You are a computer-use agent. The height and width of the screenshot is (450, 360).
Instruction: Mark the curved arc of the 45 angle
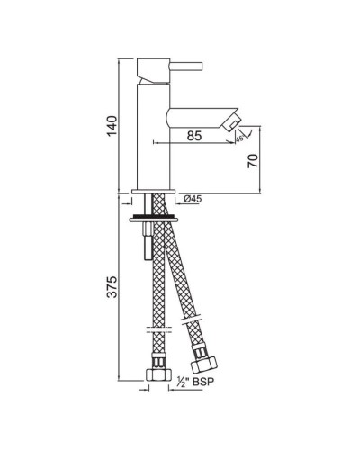[237, 132]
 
